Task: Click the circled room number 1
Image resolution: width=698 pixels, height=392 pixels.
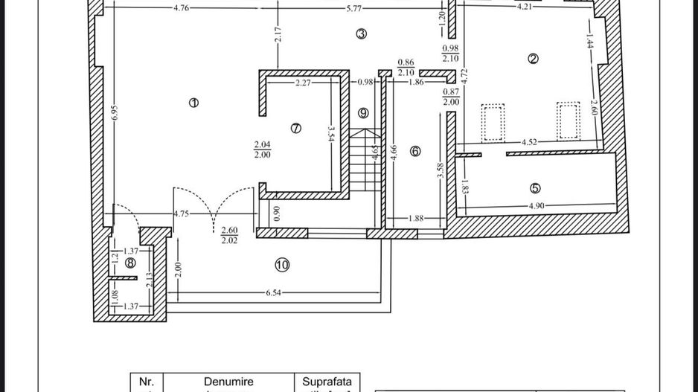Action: (193, 103)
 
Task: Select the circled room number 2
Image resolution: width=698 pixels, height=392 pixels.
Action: (533, 59)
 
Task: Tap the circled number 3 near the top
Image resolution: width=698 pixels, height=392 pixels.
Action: (361, 33)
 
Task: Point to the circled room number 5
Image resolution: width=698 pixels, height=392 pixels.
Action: (536, 188)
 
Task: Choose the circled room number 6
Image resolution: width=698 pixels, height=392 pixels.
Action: (415, 151)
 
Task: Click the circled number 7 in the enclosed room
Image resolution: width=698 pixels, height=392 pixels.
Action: (295, 128)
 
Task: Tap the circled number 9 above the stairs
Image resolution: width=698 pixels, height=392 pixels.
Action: (363, 113)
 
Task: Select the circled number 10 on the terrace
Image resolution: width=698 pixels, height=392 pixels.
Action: (282, 265)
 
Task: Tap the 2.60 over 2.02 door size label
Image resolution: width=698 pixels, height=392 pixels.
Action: (230, 235)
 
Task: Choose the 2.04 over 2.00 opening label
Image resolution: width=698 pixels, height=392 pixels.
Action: (262, 150)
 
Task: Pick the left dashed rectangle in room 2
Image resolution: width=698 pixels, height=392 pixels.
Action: (493, 121)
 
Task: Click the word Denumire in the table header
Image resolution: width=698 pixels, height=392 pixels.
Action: (228, 382)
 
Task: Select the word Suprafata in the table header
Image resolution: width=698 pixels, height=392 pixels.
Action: (327, 382)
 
